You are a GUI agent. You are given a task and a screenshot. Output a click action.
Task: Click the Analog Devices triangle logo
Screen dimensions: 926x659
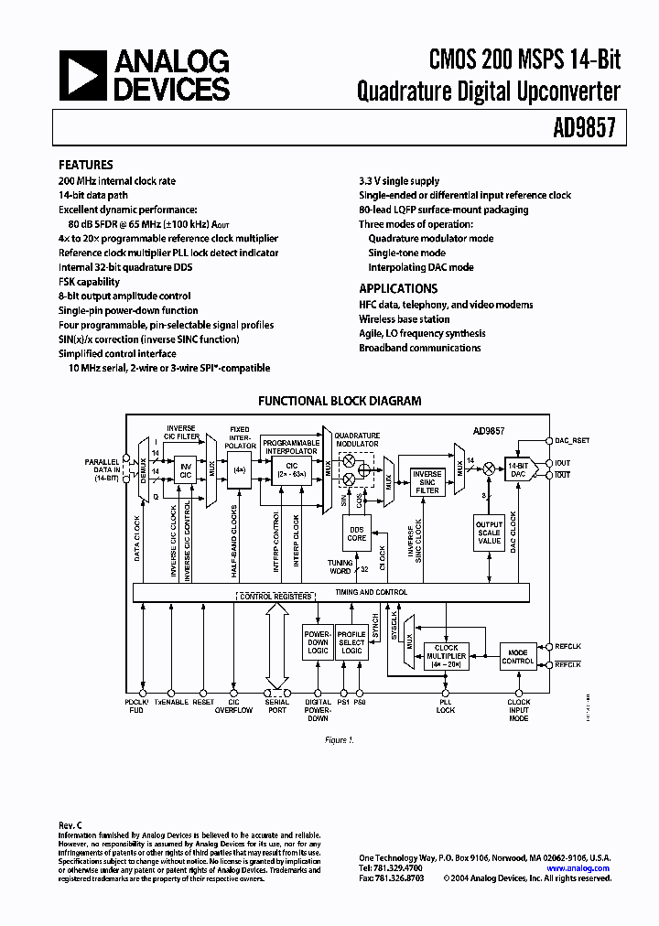pyautogui.click(x=82, y=74)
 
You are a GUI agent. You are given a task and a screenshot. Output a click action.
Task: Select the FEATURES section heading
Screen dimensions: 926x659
pyautogui.click(x=86, y=165)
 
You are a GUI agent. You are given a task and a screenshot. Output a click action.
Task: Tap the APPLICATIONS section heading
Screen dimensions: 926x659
pyautogui.click(x=398, y=288)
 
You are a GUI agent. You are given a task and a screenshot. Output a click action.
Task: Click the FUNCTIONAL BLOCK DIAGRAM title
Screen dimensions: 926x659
pyautogui.click(x=340, y=401)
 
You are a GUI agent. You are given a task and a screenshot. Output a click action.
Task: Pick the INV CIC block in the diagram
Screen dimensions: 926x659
pyautogui.click(x=185, y=468)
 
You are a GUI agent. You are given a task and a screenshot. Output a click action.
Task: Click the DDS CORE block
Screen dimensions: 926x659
pyautogui.click(x=357, y=533)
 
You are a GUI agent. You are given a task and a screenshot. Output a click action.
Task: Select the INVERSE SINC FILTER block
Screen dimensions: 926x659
pyautogui.click(x=427, y=482)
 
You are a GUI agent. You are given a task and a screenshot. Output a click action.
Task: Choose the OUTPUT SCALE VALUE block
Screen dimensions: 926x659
pyautogui.click(x=489, y=533)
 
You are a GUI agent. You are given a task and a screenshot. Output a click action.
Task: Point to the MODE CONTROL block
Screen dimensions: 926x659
pyautogui.click(x=518, y=655)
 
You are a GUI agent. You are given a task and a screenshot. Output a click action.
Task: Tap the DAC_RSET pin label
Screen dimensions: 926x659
pyautogui.click(x=572, y=440)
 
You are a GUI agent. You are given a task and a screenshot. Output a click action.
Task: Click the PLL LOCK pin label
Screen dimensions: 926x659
pyautogui.click(x=446, y=705)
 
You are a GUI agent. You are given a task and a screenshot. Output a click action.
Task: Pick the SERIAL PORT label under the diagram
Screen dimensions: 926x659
pyautogui.click(x=275, y=707)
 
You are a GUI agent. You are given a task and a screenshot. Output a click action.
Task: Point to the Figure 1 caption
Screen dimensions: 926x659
pyautogui.click(x=338, y=739)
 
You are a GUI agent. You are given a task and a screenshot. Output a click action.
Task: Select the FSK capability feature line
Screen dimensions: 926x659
pyautogui.click(x=90, y=282)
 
